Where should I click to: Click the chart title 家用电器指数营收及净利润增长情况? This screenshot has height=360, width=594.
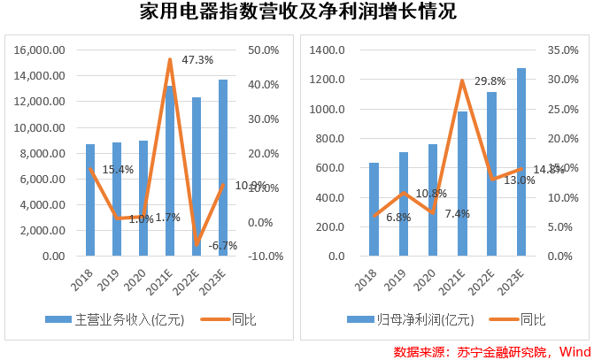[297, 12]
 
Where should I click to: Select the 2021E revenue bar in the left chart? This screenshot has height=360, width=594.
[170, 177]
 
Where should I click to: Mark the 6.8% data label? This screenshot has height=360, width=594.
[398, 217]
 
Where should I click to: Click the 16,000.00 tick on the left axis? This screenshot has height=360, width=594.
[41, 50]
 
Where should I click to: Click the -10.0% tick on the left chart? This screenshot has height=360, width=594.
[266, 257]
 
